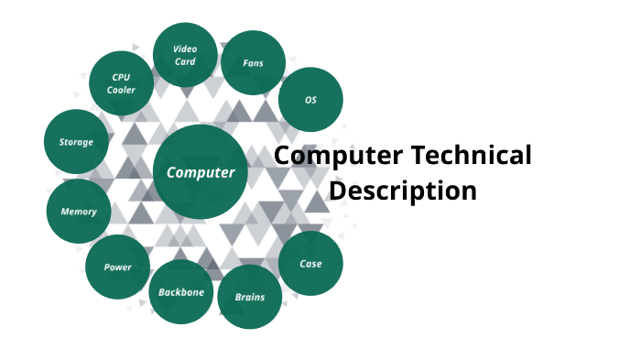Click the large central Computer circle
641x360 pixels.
(x=201, y=172)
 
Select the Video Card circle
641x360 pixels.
(x=185, y=55)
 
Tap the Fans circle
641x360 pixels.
(x=254, y=63)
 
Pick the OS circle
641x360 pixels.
(x=311, y=99)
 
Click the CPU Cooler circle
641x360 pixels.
(x=121, y=82)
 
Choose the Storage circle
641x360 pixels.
(x=76, y=142)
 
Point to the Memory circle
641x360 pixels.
(x=79, y=211)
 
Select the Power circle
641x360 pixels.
(x=117, y=267)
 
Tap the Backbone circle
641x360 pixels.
(x=181, y=292)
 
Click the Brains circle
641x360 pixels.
(x=250, y=297)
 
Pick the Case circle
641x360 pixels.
(x=310, y=264)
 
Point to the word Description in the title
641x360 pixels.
(x=403, y=191)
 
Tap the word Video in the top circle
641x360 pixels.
(x=186, y=49)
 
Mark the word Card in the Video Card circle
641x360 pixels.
(x=186, y=61)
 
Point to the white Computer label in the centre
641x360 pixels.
(x=201, y=172)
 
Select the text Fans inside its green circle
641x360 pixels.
(x=254, y=63)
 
